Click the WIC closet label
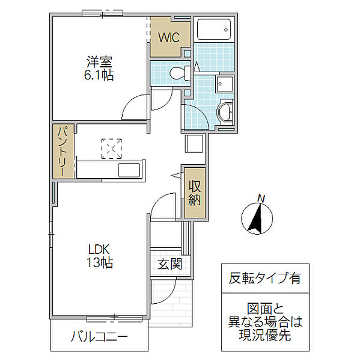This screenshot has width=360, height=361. point(169,37)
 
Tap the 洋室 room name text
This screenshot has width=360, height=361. point(99,62)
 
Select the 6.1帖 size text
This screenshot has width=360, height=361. point(99,75)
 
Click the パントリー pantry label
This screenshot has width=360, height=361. point(63,151)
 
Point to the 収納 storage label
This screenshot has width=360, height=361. point(195,193)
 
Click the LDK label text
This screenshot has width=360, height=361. point(99,249)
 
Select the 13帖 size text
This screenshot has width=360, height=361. point(100,262)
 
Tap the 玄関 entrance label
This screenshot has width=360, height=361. point(169,264)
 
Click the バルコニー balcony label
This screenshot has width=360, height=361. point(99,337)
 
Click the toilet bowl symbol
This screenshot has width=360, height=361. point(180,73)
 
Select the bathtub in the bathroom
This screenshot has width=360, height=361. point(214,29)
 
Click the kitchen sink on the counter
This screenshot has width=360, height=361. point(129,170)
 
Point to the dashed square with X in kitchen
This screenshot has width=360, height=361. point(112,149)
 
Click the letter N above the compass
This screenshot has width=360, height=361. point(261,198)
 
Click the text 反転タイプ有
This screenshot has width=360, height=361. point(265,278)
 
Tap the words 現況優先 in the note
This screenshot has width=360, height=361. point(265,335)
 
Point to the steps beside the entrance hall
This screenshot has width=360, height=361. point(186,238)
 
